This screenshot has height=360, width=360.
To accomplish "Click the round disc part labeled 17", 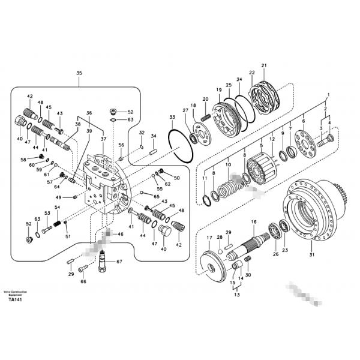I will coord(214,263).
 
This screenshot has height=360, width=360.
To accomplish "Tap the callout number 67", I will coord(119,262).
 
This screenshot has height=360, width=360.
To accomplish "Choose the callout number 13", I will coord(236,296).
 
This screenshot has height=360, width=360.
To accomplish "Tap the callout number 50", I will coord(176,178).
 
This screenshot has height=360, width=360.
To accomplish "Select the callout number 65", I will coord(157,197).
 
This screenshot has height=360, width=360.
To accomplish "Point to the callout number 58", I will coord(24,160).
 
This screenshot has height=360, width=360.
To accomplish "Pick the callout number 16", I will coord(253,222).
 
